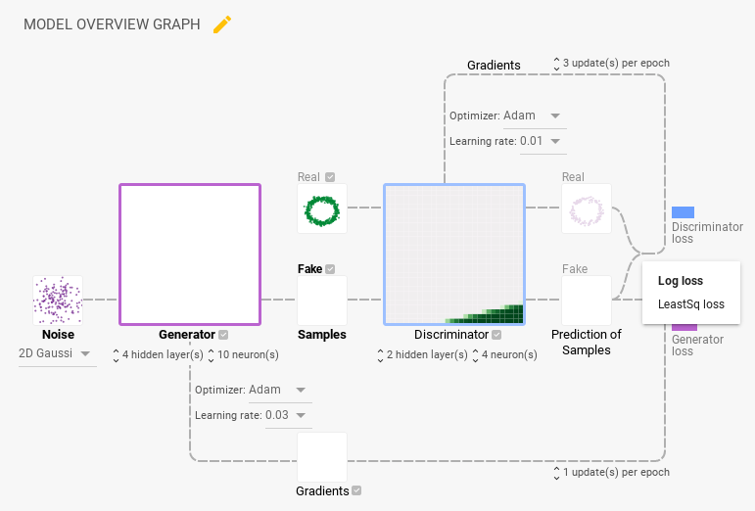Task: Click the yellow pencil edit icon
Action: [x=222, y=24]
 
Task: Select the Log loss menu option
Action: [x=681, y=281]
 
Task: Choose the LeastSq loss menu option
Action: [x=690, y=304]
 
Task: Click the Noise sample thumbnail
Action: [x=58, y=300]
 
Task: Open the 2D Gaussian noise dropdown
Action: [x=58, y=353]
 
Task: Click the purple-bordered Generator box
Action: [x=190, y=254]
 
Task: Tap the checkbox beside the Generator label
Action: [x=224, y=335]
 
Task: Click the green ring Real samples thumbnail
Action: [x=322, y=209]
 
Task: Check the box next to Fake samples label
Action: [x=330, y=269]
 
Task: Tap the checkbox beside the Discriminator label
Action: [x=496, y=335]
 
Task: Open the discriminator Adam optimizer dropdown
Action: [x=535, y=116]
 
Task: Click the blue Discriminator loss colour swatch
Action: [x=684, y=212]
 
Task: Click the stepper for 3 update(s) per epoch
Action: [x=556, y=64]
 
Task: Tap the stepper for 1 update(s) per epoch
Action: [x=557, y=473]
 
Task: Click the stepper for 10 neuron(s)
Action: [x=212, y=354]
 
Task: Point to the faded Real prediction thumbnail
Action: [x=587, y=209]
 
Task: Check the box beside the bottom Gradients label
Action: [x=356, y=490]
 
